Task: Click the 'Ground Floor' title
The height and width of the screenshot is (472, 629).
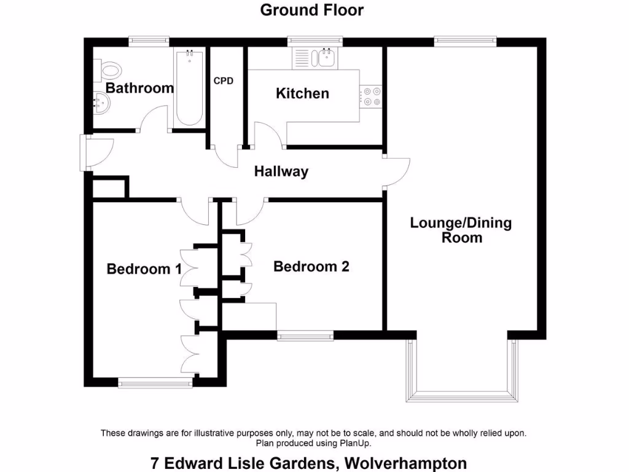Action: tap(311, 10)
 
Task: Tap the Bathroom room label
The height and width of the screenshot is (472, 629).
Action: tap(139, 88)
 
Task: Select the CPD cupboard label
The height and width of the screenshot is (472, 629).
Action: tap(223, 81)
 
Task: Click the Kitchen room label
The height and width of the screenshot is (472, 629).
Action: tap(302, 93)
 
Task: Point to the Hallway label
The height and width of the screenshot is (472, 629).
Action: tap(281, 171)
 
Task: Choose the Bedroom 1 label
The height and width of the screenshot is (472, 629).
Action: tap(144, 269)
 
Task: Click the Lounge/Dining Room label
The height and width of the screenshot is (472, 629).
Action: tap(461, 230)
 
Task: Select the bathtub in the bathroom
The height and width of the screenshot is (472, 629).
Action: tap(190, 87)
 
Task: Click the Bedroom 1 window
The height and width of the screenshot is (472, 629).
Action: tap(155, 383)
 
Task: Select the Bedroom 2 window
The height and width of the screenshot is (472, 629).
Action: tap(305, 336)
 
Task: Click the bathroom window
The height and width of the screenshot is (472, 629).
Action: tap(148, 41)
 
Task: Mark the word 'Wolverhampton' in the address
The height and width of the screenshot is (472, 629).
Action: tap(406, 463)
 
